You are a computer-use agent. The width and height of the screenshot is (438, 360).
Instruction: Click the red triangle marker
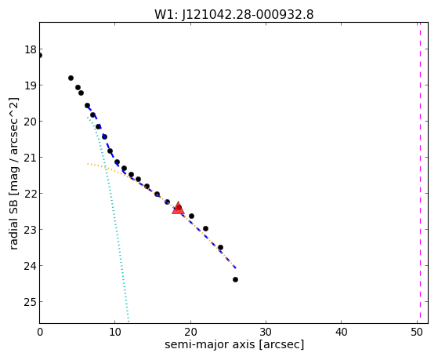tap(178, 208)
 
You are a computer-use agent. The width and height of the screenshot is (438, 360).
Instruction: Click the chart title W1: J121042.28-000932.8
tap(234, 15)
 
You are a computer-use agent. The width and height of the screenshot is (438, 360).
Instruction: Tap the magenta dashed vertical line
tap(420, 173)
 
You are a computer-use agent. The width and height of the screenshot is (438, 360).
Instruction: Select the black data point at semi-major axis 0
tap(40, 56)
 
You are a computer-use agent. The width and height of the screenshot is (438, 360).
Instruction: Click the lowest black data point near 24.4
tap(236, 279)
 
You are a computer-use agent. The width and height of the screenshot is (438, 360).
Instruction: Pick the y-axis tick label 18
tap(31, 49)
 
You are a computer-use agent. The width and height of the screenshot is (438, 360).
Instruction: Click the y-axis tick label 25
tap(31, 302)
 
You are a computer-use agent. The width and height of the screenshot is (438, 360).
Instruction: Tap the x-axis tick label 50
tap(417, 332)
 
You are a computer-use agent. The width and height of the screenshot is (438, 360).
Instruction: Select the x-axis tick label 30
tap(266, 332)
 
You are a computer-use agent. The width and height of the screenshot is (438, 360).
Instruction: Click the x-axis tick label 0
tap(40, 332)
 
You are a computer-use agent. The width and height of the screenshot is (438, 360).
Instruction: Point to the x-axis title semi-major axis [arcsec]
tap(234, 344)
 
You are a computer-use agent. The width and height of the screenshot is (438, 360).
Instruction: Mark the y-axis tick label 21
tap(31, 158)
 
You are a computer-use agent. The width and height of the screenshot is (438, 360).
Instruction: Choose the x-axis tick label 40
tap(341, 332)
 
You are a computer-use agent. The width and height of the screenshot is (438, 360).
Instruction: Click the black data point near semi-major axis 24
tap(220, 247)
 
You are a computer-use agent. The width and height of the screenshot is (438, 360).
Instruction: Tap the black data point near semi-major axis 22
tap(205, 228)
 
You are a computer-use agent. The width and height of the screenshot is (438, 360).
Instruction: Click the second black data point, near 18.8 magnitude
tap(71, 78)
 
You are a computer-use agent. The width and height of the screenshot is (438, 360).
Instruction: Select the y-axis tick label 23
tap(31, 230)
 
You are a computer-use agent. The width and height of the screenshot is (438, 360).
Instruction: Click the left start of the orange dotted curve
tap(88, 164)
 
